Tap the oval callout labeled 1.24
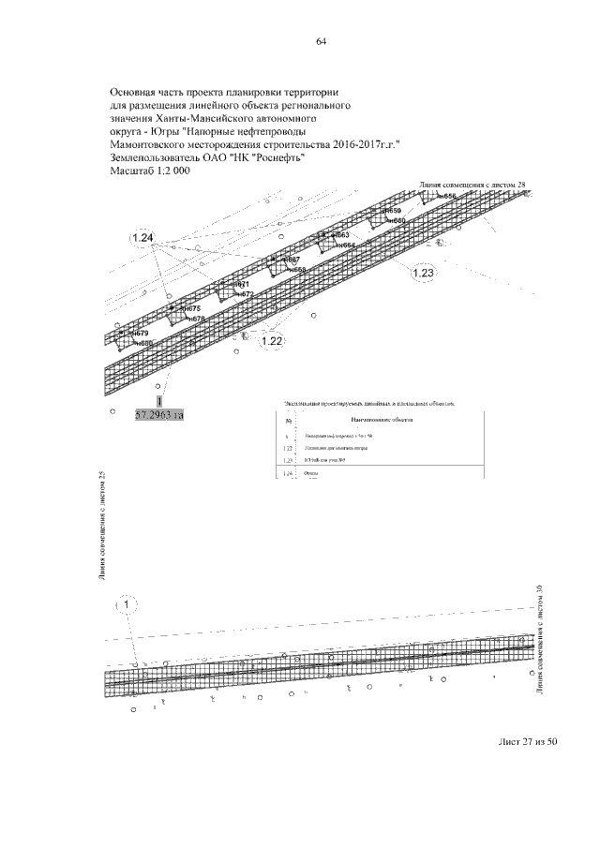pyautogui.click(x=142, y=238)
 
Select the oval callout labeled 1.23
pyautogui.click(x=424, y=274)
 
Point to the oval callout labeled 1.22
pyautogui.click(x=272, y=341)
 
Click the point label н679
pyautogui.click(x=140, y=334)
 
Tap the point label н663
pyautogui.click(x=339, y=235)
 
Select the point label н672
pyautogui.click(x=244, y=294)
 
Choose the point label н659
pyautogui.click(x=392, y=212)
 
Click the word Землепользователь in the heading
pyautogui.click(x=155, y=159)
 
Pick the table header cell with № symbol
pyautogui.click(x=289, y=420)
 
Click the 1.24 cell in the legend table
pyautogui.click(x=289, y=474)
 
